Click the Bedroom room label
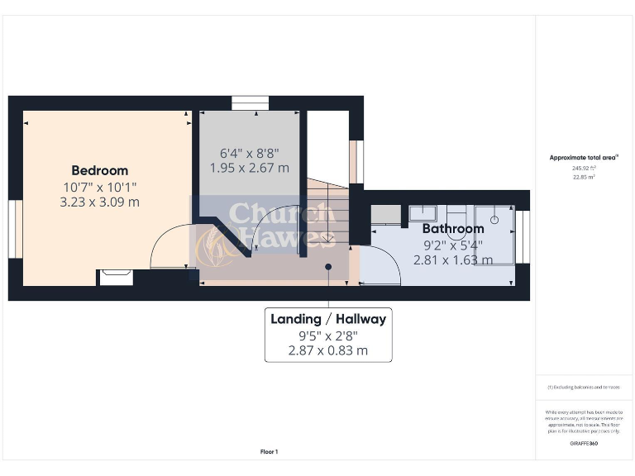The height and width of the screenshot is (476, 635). pos(99,171)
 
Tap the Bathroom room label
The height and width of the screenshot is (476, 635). pos(453,229)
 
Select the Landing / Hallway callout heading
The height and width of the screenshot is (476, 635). pos(328,319)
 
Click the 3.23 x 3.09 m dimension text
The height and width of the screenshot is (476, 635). pos(99,201)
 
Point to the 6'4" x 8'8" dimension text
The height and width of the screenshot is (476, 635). pos(249,153)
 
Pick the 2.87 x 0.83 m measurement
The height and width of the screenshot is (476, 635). pos(328,350)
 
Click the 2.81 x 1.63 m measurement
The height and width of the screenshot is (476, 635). pos(453,259)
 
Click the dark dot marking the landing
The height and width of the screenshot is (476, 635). pos(328,267)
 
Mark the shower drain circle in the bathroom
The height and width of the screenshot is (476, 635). pos(494,221)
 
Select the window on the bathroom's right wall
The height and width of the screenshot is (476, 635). pos(523,237)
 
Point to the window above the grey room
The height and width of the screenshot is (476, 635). pos(249,102)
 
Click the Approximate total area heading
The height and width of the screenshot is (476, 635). pos(584,157)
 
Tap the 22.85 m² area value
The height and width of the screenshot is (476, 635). pos(584,177)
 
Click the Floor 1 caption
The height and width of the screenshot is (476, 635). pos(270,451)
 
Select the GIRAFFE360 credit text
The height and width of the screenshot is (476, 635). pos(584,444)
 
